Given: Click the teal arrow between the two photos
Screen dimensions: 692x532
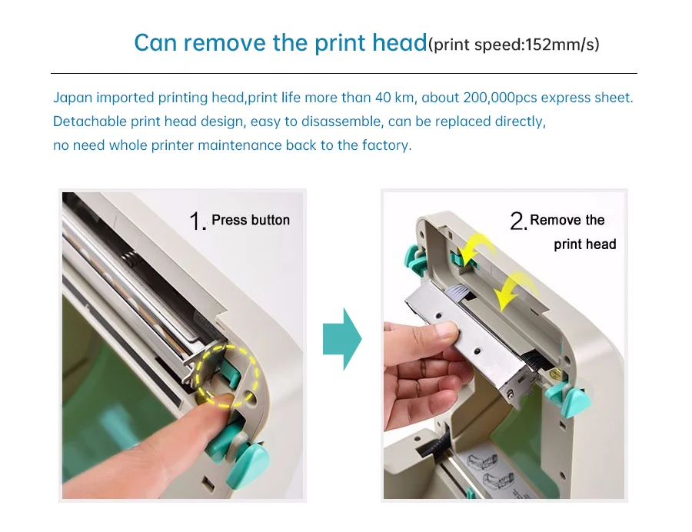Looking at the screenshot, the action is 342,339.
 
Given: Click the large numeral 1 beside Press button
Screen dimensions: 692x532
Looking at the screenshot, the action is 197,221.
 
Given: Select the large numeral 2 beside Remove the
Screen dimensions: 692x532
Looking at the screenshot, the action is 518,221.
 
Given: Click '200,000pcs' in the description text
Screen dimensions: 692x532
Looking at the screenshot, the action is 500,98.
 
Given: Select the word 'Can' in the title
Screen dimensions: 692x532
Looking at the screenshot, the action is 155,43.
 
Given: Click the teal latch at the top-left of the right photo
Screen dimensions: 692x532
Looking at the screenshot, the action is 414,258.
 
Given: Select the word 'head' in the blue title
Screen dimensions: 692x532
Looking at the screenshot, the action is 399,43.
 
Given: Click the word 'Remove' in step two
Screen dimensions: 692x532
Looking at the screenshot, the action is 552,220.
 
